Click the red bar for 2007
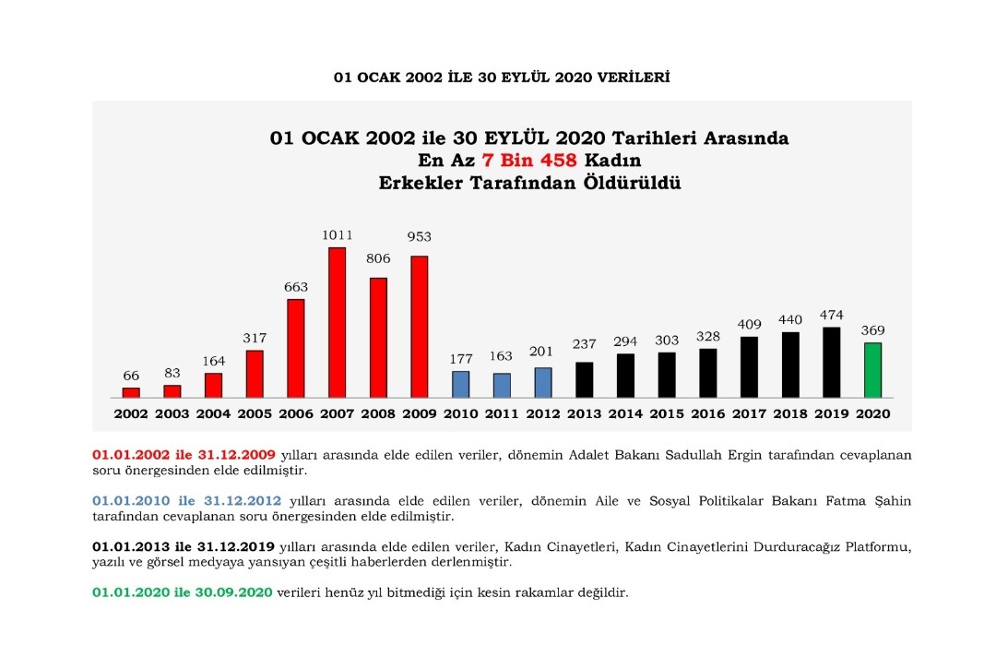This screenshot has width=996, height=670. click(337, 322)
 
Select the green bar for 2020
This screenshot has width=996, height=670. click(871, 370)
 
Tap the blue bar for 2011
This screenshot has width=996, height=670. click(502, 385)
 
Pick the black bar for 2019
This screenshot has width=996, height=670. click(831, 362)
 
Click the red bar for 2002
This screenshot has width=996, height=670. click(131, 392)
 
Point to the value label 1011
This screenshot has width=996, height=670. click(337, 235)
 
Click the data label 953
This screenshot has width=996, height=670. click(419, 236)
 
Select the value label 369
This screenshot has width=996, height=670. click(872, 330)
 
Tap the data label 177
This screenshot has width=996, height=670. click(460, 358)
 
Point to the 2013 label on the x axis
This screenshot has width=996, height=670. click(584, 413)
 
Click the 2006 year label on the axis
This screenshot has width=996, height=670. click(295, 413)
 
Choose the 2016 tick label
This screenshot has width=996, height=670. click(707, 413)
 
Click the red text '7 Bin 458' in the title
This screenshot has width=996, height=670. click(528, 161)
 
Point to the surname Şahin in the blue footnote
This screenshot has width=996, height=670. click(892, 501)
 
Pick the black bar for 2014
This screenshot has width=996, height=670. click(625, 375)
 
